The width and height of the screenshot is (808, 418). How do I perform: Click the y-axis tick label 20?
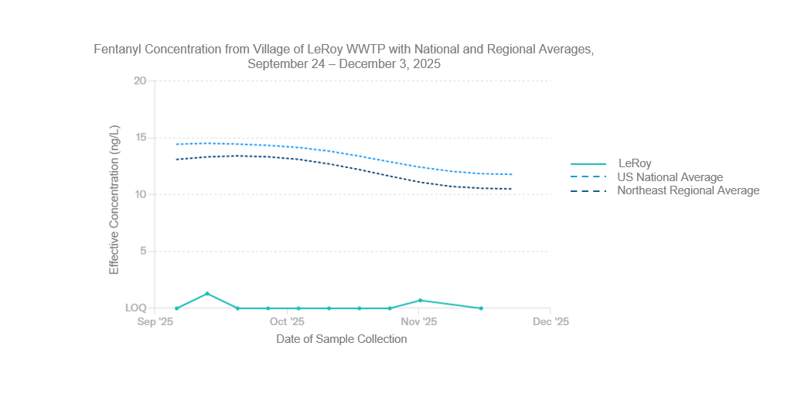click(139, 81)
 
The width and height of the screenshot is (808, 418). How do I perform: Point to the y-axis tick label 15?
click(139, 138)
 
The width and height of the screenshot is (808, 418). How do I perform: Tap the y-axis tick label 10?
click(139, 194)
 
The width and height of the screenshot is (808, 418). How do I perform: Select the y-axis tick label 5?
click(142, 252)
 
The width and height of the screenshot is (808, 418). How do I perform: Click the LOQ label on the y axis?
click(136, 308)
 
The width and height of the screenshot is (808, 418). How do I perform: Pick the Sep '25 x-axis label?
click(155, 321)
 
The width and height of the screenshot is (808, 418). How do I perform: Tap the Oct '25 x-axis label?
click(287, 321)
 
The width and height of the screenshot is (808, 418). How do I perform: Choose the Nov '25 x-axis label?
click(419, 321)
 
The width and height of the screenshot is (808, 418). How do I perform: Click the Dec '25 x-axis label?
click(551, 321)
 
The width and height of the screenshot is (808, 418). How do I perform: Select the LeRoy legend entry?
click(635, 163)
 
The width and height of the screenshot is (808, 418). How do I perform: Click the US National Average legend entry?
click(670, 177)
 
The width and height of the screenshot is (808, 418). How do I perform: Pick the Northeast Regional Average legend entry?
click(688, 190)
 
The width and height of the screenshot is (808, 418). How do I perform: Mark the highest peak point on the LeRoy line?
click(207, 293)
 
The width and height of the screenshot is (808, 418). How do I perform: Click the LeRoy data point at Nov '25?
click(420, 300)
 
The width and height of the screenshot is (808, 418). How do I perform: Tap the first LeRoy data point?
click(177, 308)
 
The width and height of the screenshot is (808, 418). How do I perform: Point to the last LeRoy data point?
click(481, 308)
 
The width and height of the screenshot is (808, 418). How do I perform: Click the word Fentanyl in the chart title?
click(118, 50)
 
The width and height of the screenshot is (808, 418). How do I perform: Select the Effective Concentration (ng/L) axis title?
click(114, 199)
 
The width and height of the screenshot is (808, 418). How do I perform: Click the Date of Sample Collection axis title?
click(341, 339)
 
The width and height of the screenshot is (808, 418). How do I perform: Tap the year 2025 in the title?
click(425, 64)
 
